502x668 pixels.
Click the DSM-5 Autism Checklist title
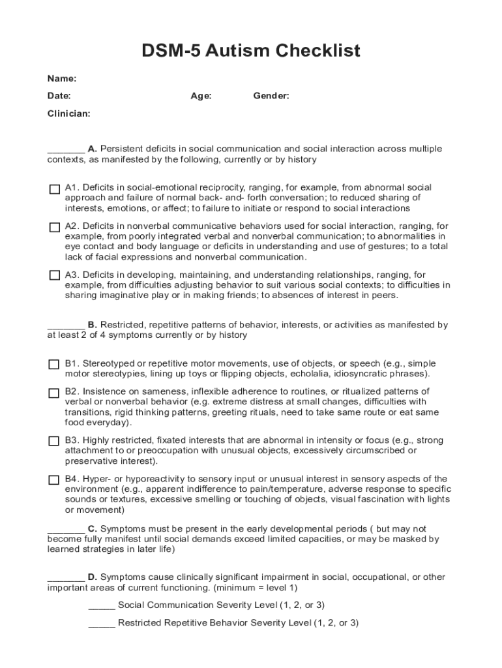click(x=251, y=50)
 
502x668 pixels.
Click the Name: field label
click(x=62, y=79)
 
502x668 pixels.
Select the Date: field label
click(x=59, y=96)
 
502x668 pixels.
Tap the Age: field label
click(x=201, y=96)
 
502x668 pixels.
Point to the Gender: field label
click(x=271, y=96)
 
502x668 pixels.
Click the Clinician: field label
click(x=69, y=114)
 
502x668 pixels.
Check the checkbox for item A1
click(x=54, y=189)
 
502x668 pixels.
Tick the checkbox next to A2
click(x=54, y=227)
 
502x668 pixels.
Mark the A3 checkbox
click(x=54, y=275)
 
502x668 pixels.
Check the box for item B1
click(x=54, y=365)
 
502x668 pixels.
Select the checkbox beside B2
click(x=54, y=393)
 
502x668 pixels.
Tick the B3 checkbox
click(x=54, y=441)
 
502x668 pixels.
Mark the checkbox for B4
click(x=54, y=479)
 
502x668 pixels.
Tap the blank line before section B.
click(x=66, y=327)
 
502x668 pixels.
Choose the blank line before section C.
click(x=66, y=532)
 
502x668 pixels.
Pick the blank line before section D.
click(x=66, y=580)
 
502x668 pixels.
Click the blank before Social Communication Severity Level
click(x=102, y=608)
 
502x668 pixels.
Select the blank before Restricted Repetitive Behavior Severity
click(x=102, y=626)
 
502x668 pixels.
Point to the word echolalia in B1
click(x=311, y=374)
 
